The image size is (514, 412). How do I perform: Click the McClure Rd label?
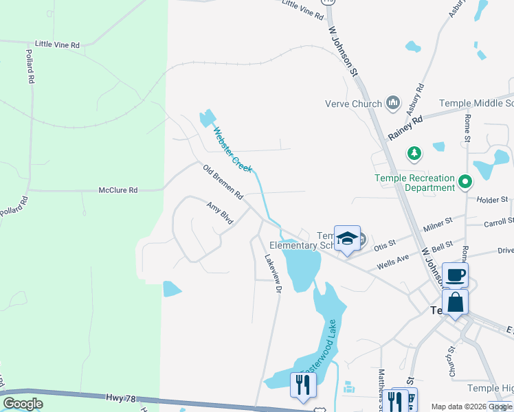point(118,190)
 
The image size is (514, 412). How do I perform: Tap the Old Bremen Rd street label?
point(223,182)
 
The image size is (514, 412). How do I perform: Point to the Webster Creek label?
point(232,149)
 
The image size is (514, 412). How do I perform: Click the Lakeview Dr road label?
point(273,274)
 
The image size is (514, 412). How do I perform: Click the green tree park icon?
point(414,152)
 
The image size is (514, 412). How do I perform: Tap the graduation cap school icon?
point(347,238)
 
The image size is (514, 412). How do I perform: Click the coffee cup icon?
point(455,275)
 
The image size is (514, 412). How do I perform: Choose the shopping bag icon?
point(455,301)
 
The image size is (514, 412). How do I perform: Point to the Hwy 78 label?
point(121,398)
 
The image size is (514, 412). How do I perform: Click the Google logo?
point(23,404)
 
